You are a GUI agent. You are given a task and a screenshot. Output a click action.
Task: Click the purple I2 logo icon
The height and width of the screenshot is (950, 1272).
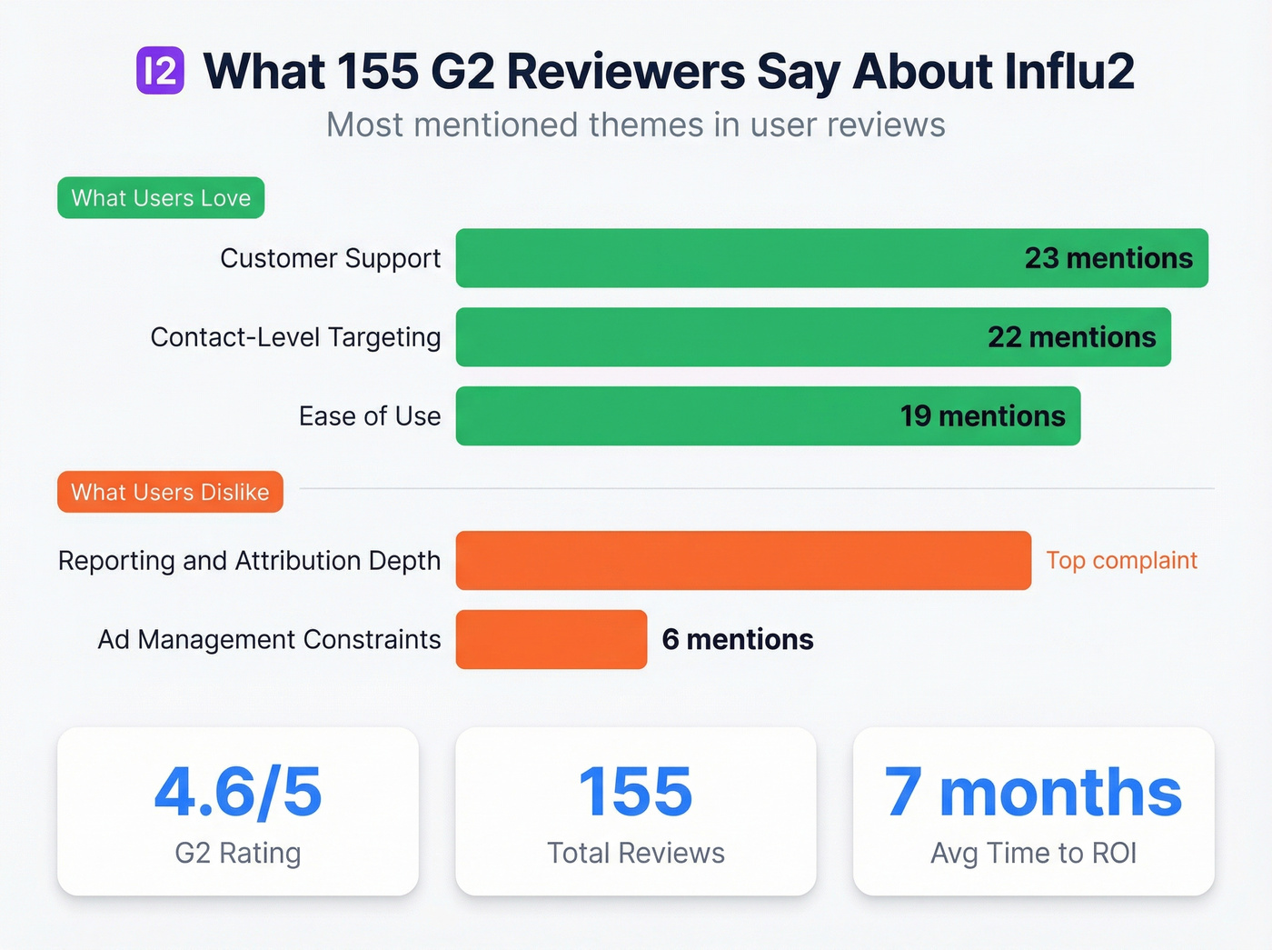point(160,71)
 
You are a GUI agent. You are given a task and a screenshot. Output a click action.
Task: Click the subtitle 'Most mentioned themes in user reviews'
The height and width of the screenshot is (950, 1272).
point(636,125)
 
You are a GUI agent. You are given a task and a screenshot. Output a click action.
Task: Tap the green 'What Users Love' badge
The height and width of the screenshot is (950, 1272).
point(161,197)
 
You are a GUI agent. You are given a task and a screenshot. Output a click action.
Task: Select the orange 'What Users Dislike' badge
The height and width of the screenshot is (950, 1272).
point(170,492)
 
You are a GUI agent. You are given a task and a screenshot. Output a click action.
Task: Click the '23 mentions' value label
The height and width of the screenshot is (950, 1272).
point(1108,258)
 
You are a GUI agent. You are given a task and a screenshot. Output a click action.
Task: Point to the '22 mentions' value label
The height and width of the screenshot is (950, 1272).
point(1071,337)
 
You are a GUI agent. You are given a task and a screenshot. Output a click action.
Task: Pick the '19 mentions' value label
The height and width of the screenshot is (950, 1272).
point(982,416)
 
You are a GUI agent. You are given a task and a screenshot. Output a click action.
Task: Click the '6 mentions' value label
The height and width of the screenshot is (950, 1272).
point(738,639)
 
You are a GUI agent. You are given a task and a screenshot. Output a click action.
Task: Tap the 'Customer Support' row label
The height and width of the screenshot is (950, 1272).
point(330,258)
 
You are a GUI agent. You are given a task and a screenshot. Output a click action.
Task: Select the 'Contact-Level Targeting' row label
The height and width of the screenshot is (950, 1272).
point(295,337)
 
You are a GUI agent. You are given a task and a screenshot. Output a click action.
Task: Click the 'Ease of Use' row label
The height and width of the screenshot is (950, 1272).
point(370,416)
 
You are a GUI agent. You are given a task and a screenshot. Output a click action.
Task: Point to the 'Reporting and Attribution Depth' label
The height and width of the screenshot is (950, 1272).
point(249,561)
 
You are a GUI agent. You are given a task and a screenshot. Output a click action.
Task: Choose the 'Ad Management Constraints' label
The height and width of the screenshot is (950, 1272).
point(269,639)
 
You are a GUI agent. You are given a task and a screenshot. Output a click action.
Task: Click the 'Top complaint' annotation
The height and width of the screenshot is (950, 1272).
point(1121,560)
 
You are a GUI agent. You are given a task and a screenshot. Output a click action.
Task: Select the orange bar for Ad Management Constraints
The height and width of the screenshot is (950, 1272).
point(552,639)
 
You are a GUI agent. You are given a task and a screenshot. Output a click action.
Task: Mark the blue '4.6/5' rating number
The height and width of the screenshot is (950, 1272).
point(238,792)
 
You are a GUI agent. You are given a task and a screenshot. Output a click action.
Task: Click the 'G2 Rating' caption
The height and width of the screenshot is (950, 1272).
point(238,853)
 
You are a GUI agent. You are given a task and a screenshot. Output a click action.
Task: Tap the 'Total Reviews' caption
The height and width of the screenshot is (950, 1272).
point(636,853)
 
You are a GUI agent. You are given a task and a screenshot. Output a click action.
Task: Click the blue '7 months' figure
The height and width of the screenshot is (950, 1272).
point(1033,792)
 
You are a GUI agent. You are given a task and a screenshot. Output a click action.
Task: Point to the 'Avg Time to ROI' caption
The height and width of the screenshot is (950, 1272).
point(1033,853)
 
